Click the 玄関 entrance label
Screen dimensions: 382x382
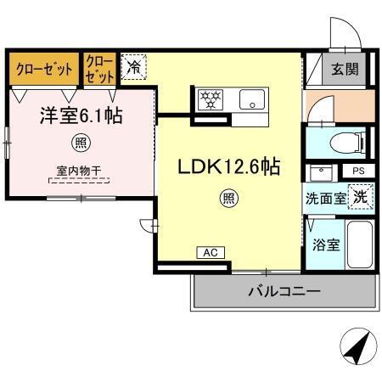pos(345,70)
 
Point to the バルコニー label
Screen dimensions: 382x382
pos(284,291)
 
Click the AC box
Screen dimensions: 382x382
pos(210,252)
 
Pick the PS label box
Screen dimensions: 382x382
pos(357,171)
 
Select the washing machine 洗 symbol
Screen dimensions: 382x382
pos(360,195)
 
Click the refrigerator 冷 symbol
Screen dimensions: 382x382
pos(133,67)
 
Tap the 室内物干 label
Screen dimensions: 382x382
pos(79,171)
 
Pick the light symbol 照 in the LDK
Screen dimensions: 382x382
pos(228,199)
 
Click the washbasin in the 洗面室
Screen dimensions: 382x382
pos(321,173)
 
